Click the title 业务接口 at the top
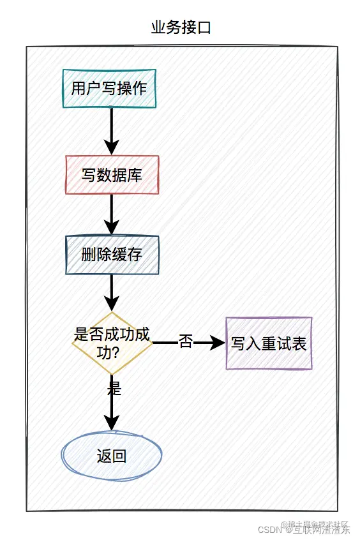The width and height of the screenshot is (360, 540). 180,27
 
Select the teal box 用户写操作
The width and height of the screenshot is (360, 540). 109,88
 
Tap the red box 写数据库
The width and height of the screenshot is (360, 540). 112,175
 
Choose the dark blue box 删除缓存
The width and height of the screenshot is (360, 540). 112,255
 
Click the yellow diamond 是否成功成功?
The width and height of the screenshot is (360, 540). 112,343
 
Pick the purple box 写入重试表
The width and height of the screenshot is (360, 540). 269,343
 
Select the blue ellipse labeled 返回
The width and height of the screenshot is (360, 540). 112,456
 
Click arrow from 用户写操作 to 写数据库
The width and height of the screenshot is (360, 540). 112,130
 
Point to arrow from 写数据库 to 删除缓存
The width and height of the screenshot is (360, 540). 112,214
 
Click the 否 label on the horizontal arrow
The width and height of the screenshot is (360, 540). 185,342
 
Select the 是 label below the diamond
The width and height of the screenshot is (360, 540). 114,387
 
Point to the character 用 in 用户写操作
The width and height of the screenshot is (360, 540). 79,88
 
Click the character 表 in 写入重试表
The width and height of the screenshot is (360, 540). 299,344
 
